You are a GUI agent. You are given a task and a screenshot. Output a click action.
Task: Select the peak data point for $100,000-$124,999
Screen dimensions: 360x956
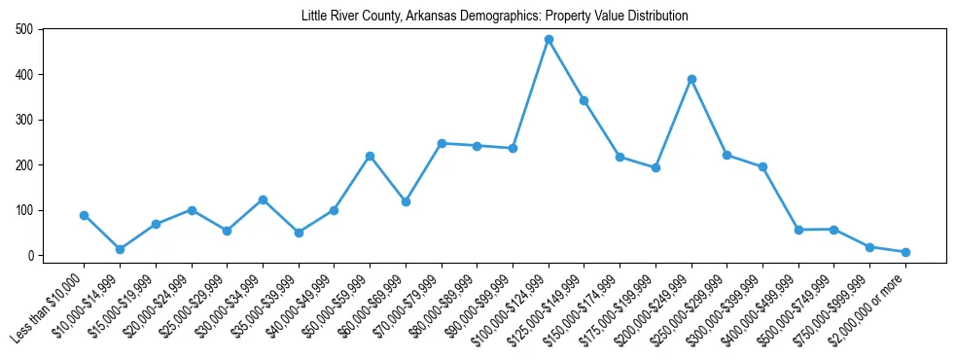(x=549, y=40)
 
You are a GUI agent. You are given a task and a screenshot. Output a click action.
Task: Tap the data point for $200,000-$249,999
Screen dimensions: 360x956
(x=691, y=79)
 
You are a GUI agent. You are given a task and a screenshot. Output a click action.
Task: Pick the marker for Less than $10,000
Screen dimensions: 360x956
(x=85, y=215)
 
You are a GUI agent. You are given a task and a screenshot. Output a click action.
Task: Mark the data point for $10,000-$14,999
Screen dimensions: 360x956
(x=120, y=249)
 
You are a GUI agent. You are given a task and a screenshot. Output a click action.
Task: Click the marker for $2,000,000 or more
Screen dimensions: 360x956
(x=905, y=252)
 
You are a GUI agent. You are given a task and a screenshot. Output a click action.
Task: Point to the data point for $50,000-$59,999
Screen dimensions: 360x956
(x=370, y=156)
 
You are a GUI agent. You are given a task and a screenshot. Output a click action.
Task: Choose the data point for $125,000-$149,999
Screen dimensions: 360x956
(x=584, y=100)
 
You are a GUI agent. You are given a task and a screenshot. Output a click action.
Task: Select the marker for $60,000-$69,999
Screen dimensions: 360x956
(x=406, y=201)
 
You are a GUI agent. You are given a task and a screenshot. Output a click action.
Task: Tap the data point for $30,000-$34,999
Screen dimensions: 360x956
(x=263, y=199)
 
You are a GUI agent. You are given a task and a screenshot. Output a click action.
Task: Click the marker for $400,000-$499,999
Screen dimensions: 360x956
(x=798, y=230)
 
